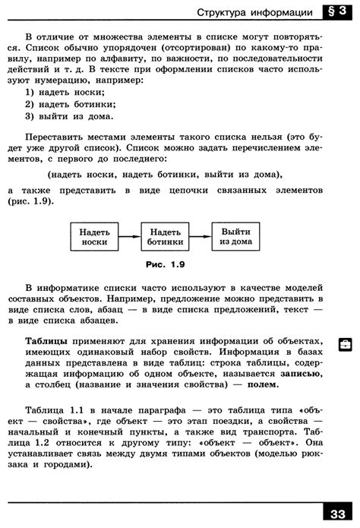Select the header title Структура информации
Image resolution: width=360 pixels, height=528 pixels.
click(x=254, y=13)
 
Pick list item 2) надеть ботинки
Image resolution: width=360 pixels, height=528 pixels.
click(x=71, y=105)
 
